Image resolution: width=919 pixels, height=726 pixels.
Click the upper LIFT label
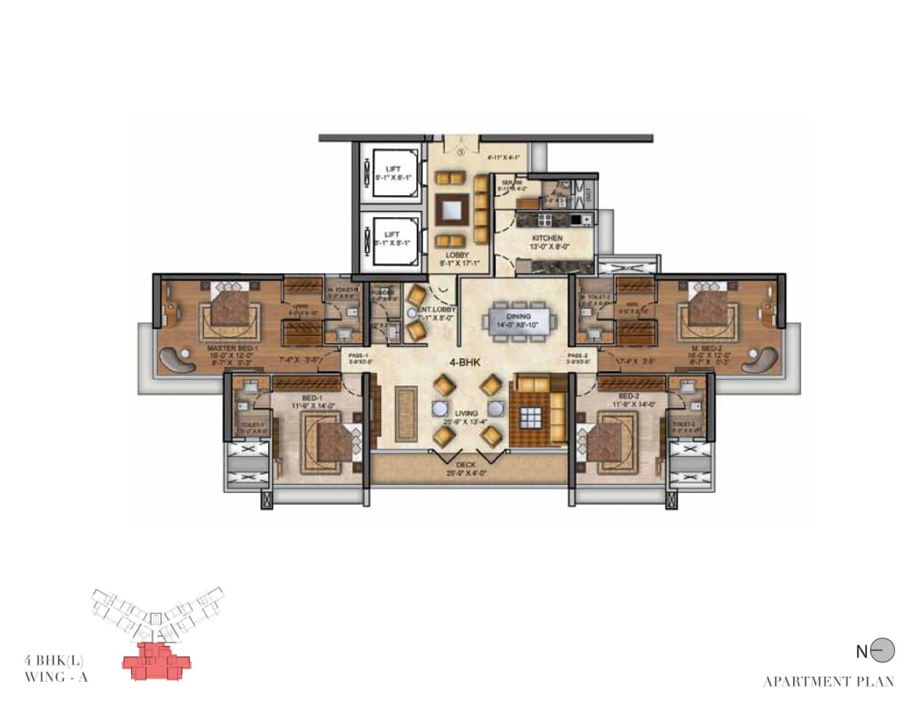(392, 169)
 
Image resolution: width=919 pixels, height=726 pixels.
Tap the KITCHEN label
(546, 238)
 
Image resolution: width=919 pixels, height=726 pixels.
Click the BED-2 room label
(631, 397)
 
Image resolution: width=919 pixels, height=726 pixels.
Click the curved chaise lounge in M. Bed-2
(760, 360)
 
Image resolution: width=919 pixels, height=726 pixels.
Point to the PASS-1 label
(357, 356)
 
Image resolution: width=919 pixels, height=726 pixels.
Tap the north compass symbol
(885, 651)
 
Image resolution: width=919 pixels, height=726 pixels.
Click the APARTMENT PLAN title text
(828, 682)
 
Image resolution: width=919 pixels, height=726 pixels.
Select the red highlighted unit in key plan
(156, 661)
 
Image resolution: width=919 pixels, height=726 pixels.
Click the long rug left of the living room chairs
(406, 412)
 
